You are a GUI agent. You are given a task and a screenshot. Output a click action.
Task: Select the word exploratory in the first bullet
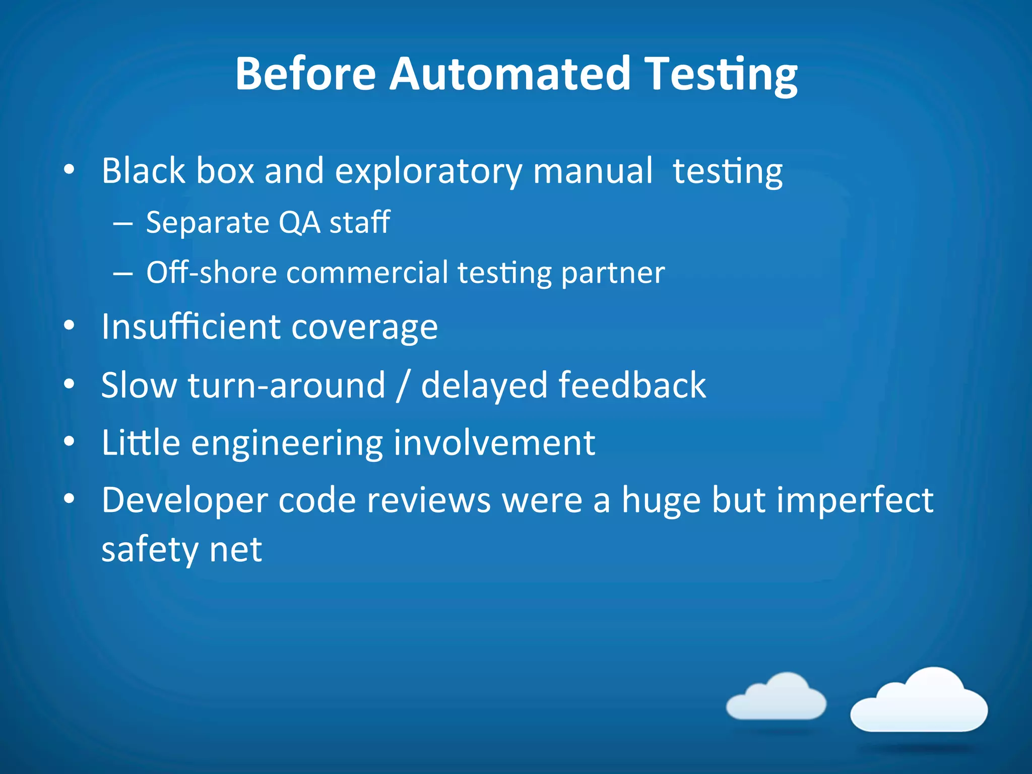[x=428, y=171]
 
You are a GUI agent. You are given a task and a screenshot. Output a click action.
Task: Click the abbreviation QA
[x=299, y=222]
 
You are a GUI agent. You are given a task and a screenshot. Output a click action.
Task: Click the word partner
[x=613, y=274]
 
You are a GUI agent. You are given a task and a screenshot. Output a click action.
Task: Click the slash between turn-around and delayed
[x=402, y=385]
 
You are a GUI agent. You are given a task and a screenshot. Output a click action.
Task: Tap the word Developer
[x=184, y=501]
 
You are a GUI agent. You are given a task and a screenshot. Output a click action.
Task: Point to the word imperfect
[x=855, y=500]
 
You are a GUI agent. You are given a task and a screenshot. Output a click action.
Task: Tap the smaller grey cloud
[x=777, y=698]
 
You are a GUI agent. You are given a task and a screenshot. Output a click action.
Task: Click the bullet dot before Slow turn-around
[x=70, y=385]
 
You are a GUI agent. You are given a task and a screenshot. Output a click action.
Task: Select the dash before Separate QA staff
[x=122, y=223]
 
